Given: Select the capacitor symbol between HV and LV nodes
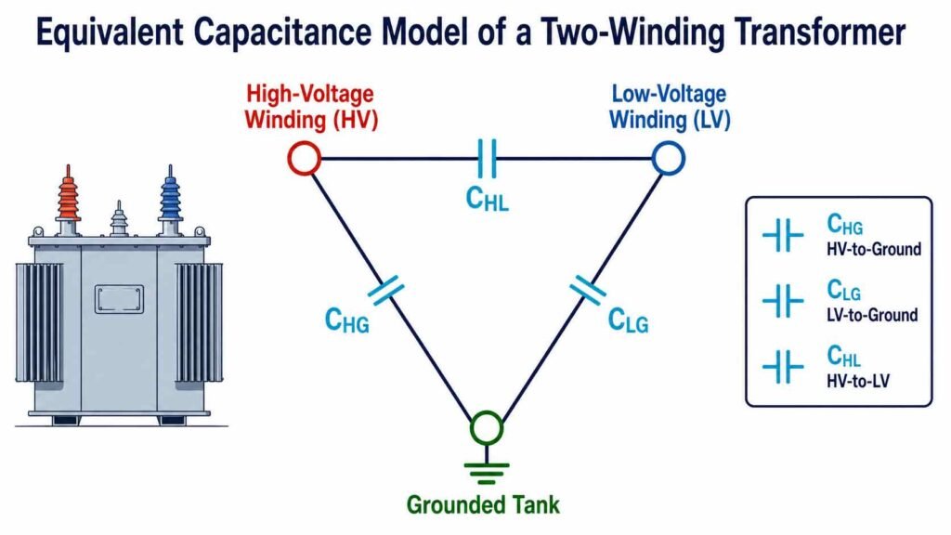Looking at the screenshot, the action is click(x=487, y=158).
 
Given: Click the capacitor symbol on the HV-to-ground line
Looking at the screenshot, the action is click(x=385, y=290).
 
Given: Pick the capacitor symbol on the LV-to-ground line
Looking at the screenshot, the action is click(x=587, y=290).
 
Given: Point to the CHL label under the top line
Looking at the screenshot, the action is click(x=487, y=199).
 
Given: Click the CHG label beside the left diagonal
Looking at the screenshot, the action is click(x=347, y=320).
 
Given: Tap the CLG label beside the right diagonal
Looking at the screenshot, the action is click(x=629, y=320).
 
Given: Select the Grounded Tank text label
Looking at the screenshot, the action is click(x=483, y=504).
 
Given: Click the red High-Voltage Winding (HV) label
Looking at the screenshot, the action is click(x=311, y=107).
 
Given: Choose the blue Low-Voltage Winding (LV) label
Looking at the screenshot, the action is click(x=670, y=107).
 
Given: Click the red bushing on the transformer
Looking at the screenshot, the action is click(x=68, y=197).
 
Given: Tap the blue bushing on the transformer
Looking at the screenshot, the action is click(x=171, y=197).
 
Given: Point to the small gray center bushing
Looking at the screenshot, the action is click(x=119, y=218).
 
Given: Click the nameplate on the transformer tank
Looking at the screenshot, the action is click(x=120, y=299).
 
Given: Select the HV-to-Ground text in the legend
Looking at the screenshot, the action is click(x=874, y=249).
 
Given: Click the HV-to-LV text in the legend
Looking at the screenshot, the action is click(x=858, y=381).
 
